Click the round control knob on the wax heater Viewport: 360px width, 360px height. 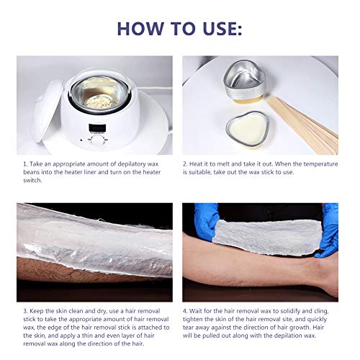(97, 142)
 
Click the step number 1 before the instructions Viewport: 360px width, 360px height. (25, 165)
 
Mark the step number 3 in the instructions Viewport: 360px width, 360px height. (25, 312)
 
